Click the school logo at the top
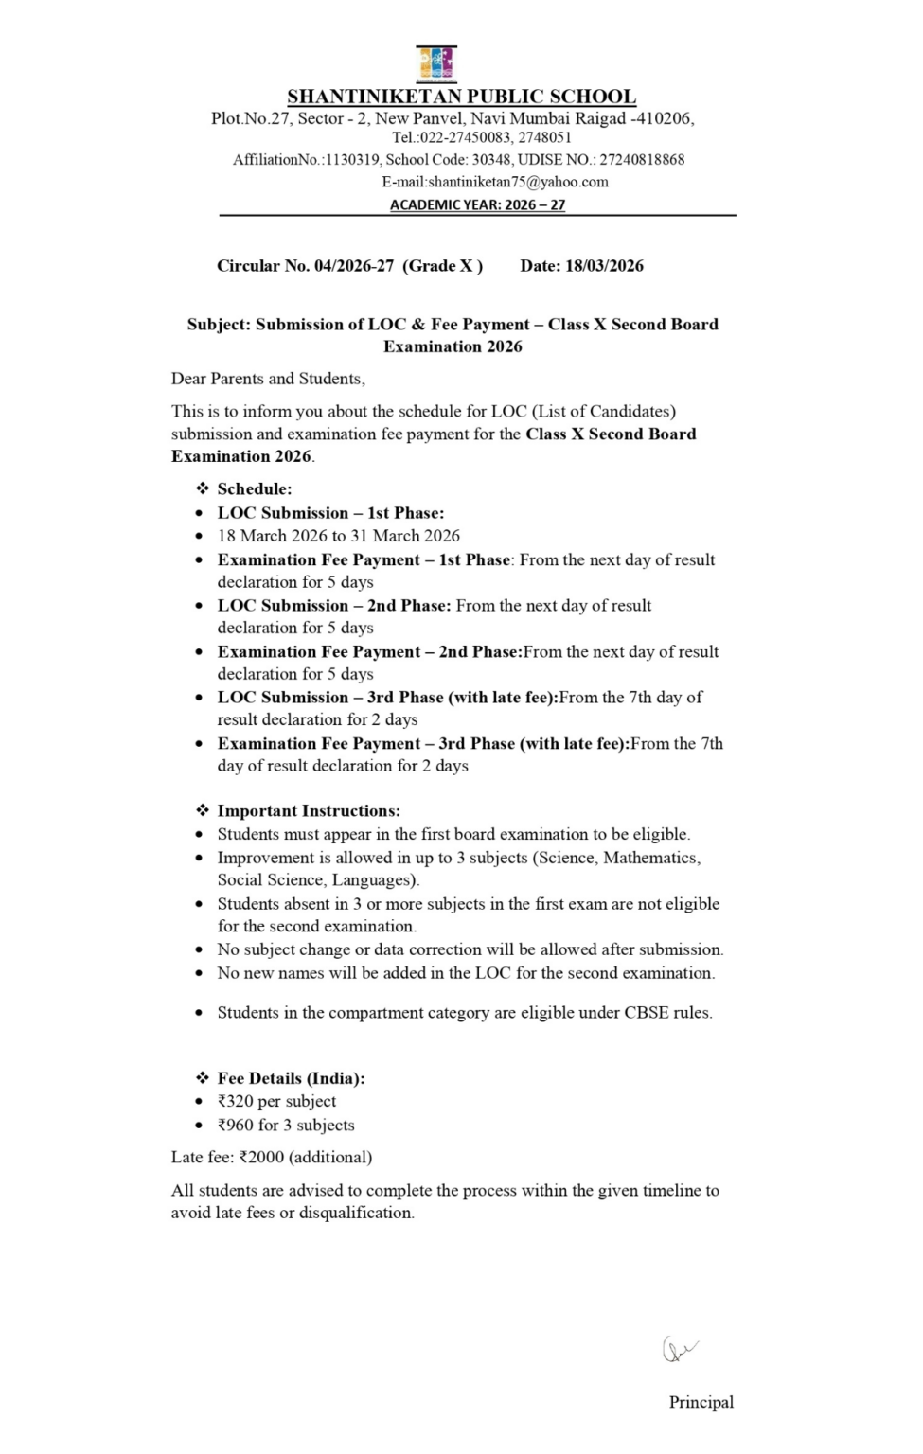(x=436, y=63)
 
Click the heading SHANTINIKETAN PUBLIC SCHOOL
(x=461, y=97)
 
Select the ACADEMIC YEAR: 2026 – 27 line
(x=477, y=204)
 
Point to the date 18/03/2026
(x=604, y=266)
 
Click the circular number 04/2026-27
(x=354, y=266)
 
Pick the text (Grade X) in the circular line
(x=443, y=266)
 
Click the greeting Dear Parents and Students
(x=268, y=379)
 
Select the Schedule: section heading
(x=255, y=489)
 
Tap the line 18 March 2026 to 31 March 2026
(x=338, y=536)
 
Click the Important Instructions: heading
(x=309, y=811)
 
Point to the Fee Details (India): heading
(x=291, y=1078)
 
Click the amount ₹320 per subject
(x=276, y=1101)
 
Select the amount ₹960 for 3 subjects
(x=286, y=1126)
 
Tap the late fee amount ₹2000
(x=261, y=1157)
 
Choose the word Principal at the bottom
(x=701, y=1402)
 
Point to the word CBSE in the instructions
(x=645, y=1013)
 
